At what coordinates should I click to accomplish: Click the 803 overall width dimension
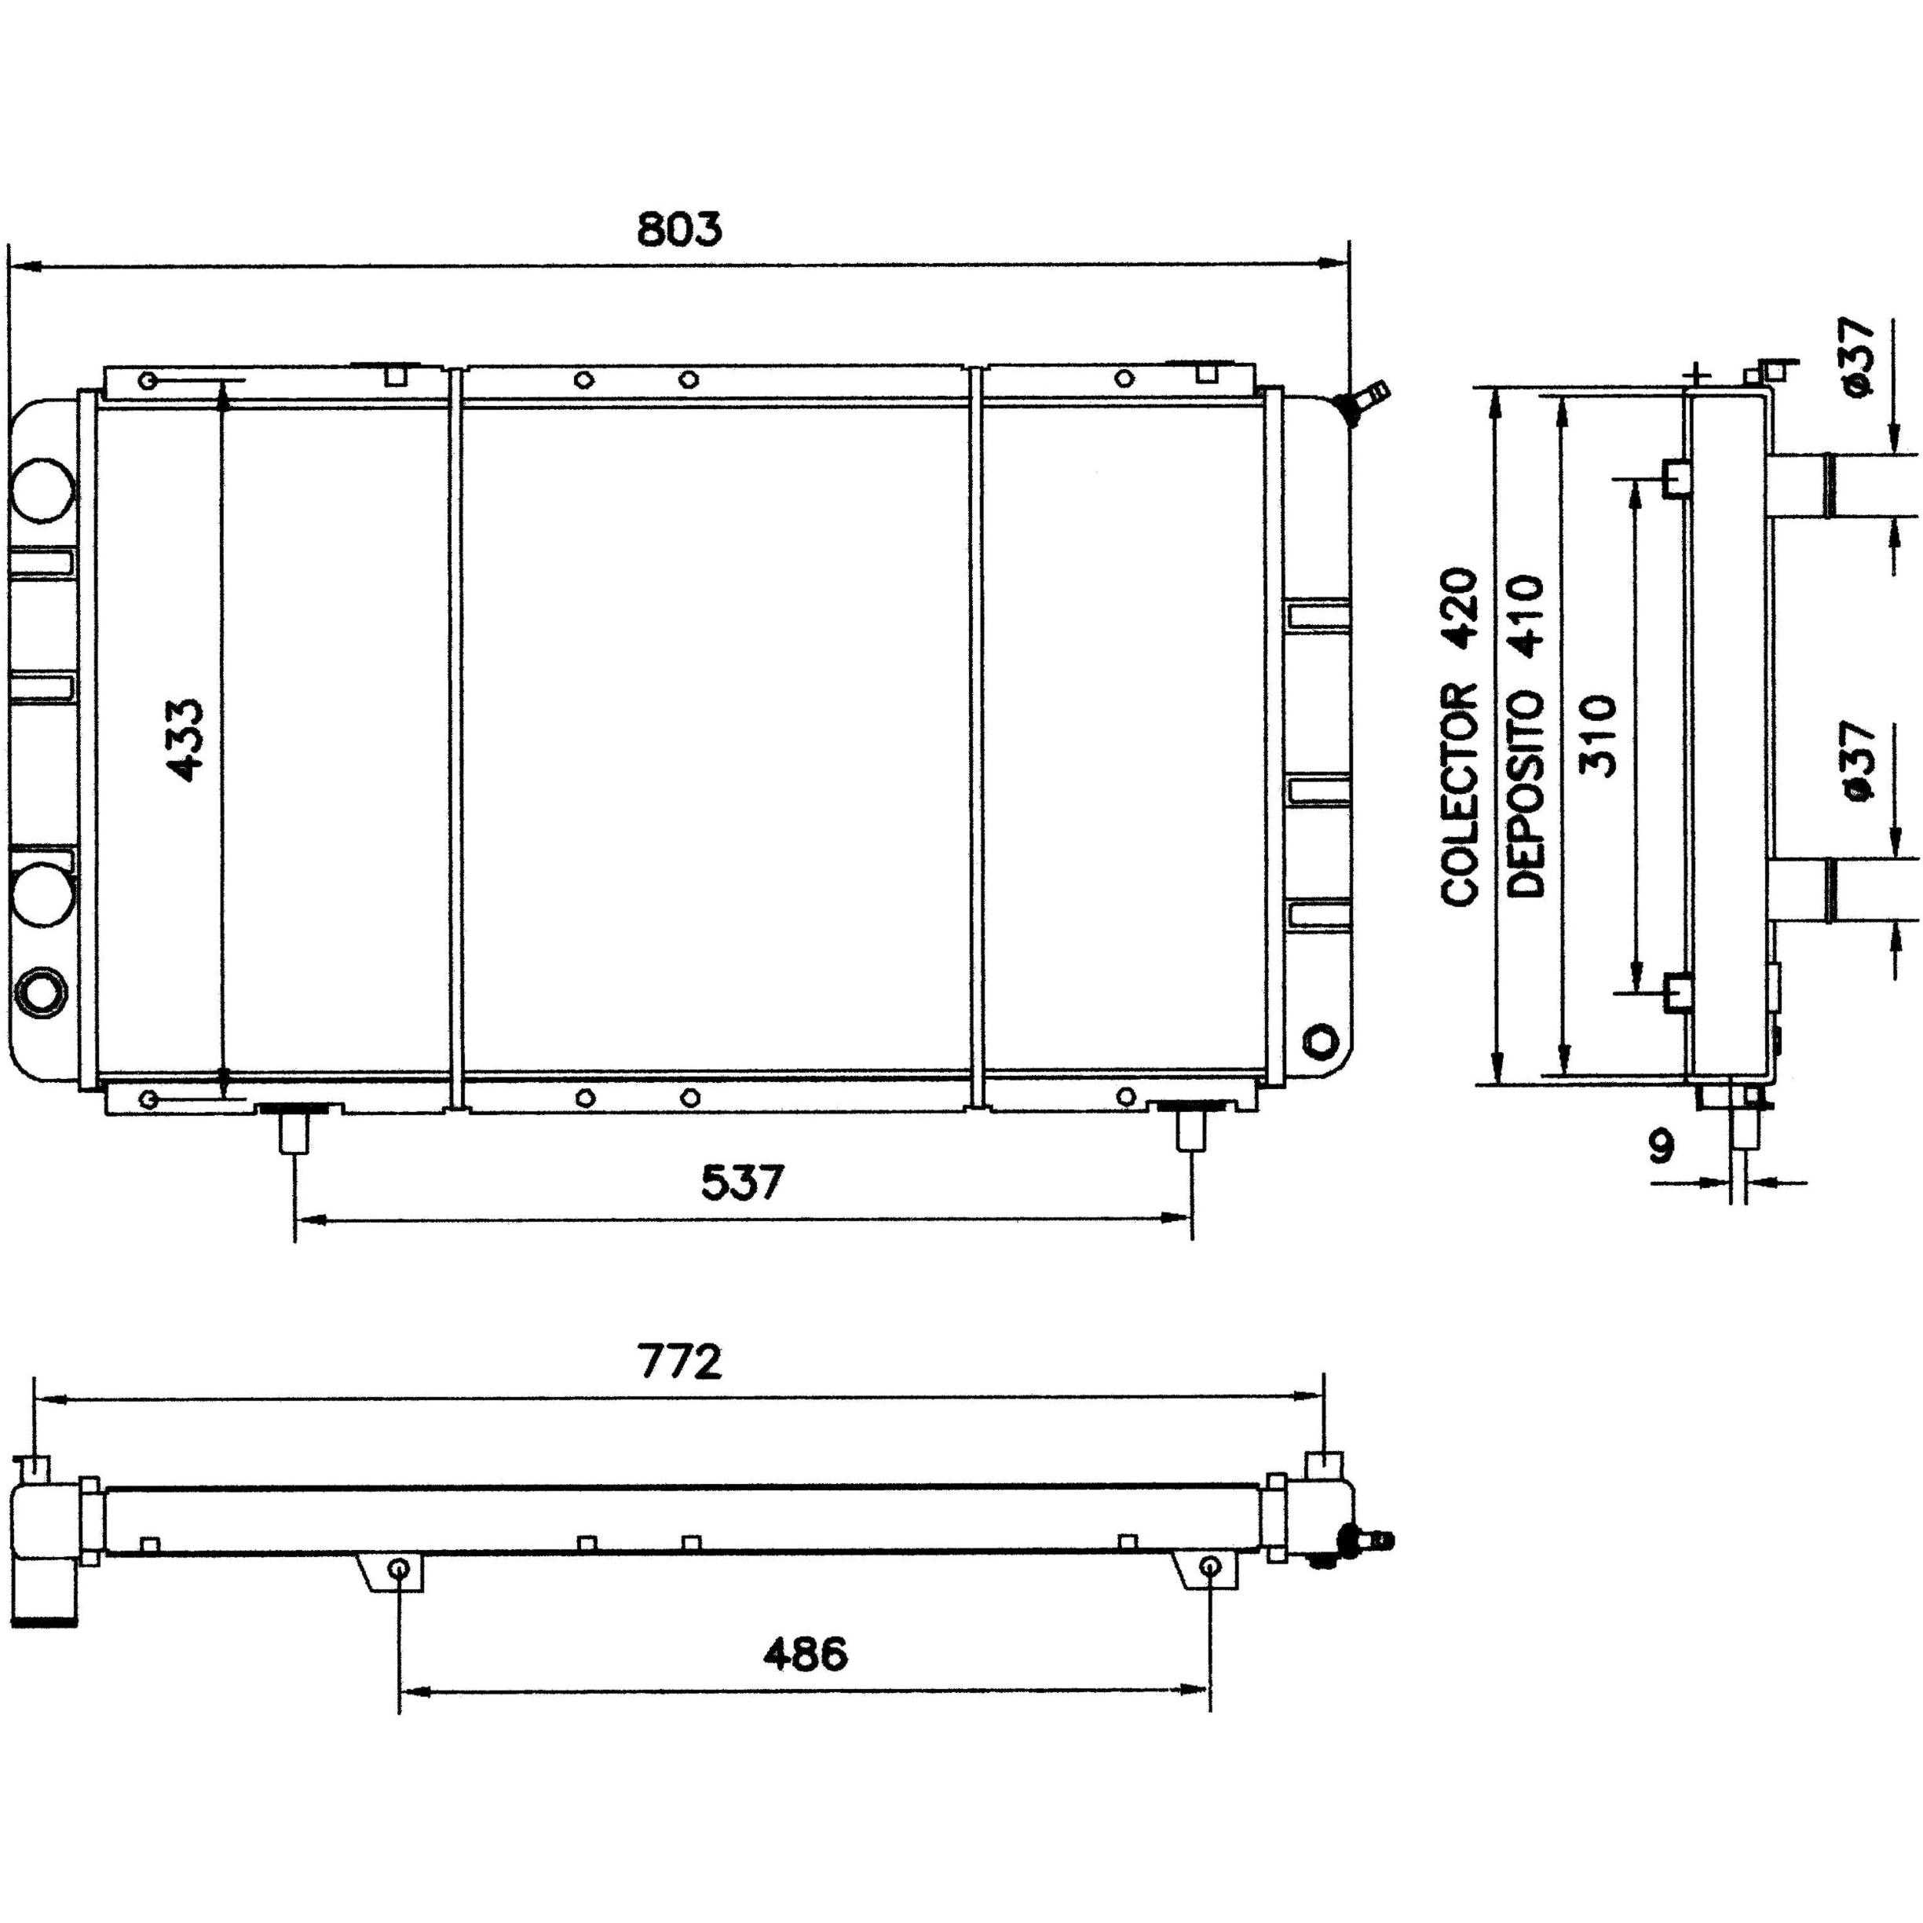click(679, 230)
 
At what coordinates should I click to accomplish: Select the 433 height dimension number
click(185, 740)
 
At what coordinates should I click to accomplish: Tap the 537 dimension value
click(743, 1183)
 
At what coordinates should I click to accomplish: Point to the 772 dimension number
click(680, 1362)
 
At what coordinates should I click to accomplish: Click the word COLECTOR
click(1461, 795)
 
